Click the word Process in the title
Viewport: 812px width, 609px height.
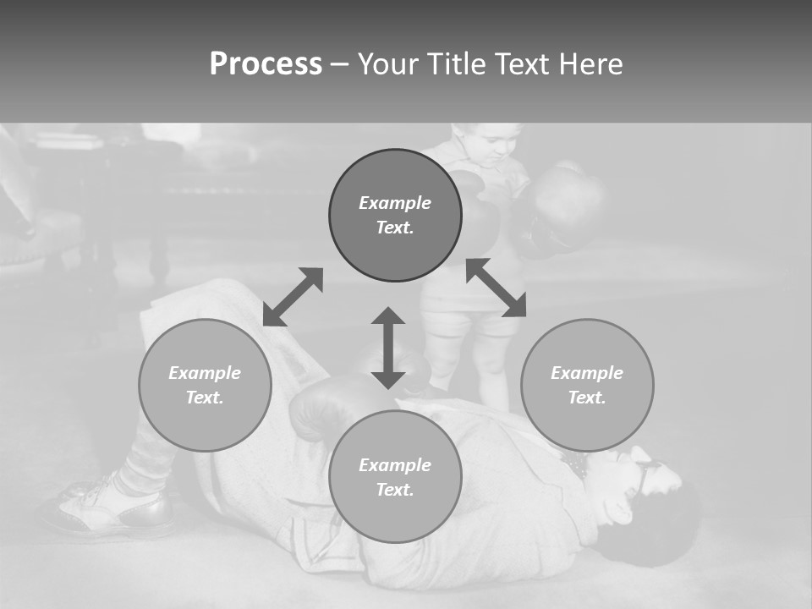(266, 64)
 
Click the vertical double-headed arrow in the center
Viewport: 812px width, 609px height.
(388, 348)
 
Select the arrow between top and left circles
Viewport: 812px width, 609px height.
(293, 297)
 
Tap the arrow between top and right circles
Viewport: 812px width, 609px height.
(496, 288)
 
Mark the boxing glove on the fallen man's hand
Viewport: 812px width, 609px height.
(326, 407)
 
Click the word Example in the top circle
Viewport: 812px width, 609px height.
(395, 203)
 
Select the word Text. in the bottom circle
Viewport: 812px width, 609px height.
(395, 490)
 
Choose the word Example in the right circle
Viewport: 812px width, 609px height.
(587, 373)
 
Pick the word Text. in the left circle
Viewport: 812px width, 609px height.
(205, 398)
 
